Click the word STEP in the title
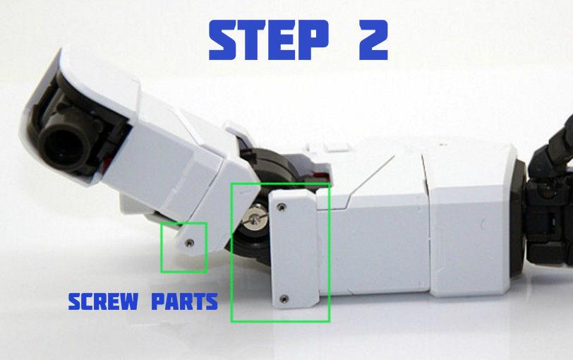(x=269, y=40)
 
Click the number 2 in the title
(x=365, y=40)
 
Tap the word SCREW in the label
(x=103, y=302)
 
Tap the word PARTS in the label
(x=184, y=302)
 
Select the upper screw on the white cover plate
(x=282, y=208)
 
